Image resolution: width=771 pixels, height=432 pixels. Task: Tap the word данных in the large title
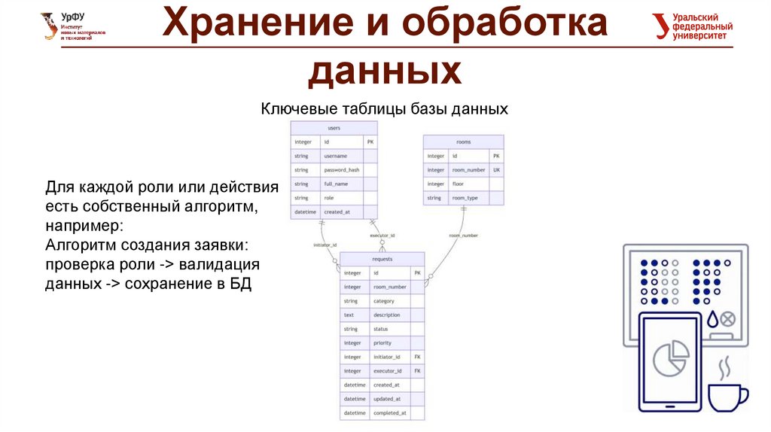coord(384,71)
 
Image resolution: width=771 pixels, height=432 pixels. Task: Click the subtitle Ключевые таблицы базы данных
coord(385,109)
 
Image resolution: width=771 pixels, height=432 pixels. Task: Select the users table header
coord(334,128)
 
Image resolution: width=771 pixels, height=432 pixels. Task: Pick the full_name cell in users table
coord(337,184)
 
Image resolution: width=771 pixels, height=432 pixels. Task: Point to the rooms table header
coord(464,141)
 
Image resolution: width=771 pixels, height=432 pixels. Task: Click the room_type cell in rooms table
coord(465,198)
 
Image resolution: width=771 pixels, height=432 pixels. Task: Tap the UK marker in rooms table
coord(496,170)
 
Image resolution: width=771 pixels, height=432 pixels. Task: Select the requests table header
coord(382,258)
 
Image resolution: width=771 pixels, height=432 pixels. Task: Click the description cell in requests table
coord(387,315)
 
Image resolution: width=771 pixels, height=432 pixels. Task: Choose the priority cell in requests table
coord(382,343)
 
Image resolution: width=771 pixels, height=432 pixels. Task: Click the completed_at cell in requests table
coord(389,413)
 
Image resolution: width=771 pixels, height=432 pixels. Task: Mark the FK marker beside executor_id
coord(417,371)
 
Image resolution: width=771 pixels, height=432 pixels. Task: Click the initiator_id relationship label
coord(325,245)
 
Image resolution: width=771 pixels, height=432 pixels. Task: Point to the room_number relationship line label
coord(463,236)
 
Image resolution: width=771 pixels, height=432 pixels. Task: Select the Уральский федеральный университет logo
coord(692,26)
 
